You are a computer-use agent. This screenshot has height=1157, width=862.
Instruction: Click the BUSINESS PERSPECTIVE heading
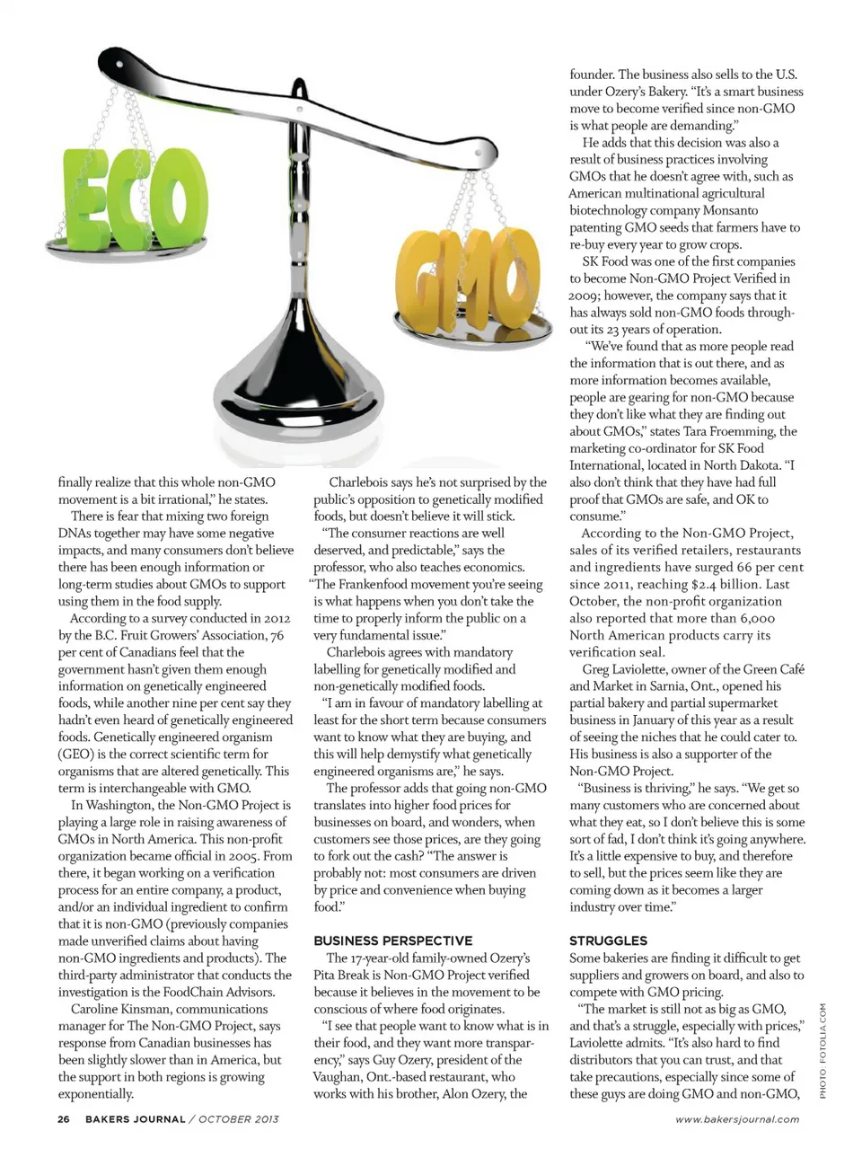click(392, 941)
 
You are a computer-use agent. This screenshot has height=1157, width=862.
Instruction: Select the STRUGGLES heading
click(608, 941)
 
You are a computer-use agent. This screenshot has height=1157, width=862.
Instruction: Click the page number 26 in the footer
click(63, 1119)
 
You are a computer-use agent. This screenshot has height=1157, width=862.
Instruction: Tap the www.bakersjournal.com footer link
click(737, 1119)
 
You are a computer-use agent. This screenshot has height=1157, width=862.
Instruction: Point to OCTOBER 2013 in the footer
click(239, 1119)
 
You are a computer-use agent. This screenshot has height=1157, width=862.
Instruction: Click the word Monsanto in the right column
click(730, 210)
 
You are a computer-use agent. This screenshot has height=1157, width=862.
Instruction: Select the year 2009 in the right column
click(584, 296)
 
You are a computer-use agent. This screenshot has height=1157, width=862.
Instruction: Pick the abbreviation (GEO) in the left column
click(75, 754)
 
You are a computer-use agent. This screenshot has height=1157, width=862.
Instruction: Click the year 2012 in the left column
click(277, 618)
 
